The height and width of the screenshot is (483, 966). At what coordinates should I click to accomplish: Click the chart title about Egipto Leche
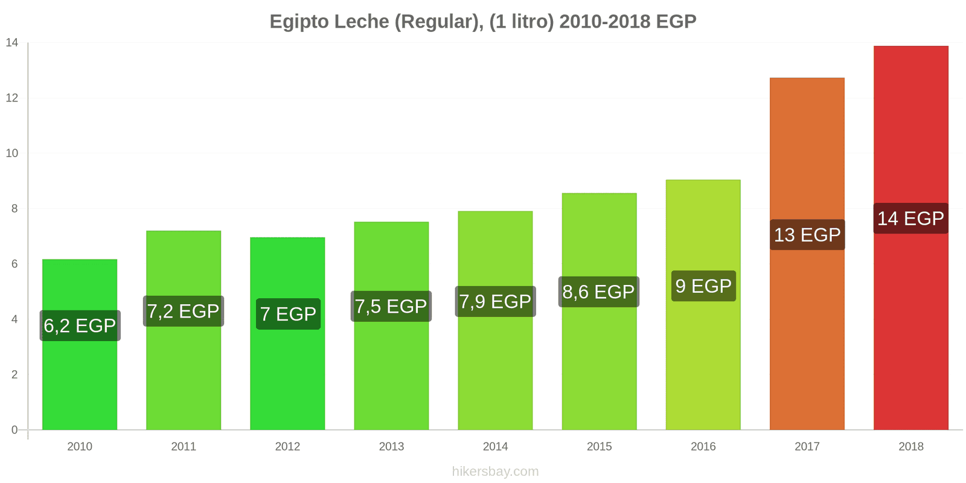(482, 21)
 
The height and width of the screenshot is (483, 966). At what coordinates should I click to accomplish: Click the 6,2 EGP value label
(80, 325)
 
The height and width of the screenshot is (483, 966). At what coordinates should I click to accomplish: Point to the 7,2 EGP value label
(183, 311)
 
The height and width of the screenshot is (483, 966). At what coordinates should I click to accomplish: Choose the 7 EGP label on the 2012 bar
(288, 314)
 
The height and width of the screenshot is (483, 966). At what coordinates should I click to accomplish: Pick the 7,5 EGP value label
(391, 306)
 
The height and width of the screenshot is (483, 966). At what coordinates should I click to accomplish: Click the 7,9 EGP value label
(495, 301)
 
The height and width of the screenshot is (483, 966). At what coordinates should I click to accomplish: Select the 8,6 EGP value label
(598, 292)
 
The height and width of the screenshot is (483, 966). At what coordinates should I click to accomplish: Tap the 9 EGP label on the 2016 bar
(703, 286)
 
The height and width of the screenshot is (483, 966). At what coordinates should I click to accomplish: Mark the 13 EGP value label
(807, 234)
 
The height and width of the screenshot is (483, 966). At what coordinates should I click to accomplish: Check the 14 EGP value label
(910, 218)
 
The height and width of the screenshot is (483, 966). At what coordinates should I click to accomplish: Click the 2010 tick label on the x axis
(80, 446)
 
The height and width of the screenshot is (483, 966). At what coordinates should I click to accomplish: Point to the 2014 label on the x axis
(495, 446)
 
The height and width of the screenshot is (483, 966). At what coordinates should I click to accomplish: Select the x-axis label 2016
(703, 446)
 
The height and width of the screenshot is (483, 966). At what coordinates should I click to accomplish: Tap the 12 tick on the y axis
(12, 98)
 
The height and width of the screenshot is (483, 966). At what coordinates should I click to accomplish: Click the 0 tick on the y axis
(14, 430)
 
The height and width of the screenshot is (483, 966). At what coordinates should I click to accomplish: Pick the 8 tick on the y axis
(14, 208)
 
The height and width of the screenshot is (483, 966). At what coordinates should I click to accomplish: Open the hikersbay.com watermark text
(495, 471)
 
